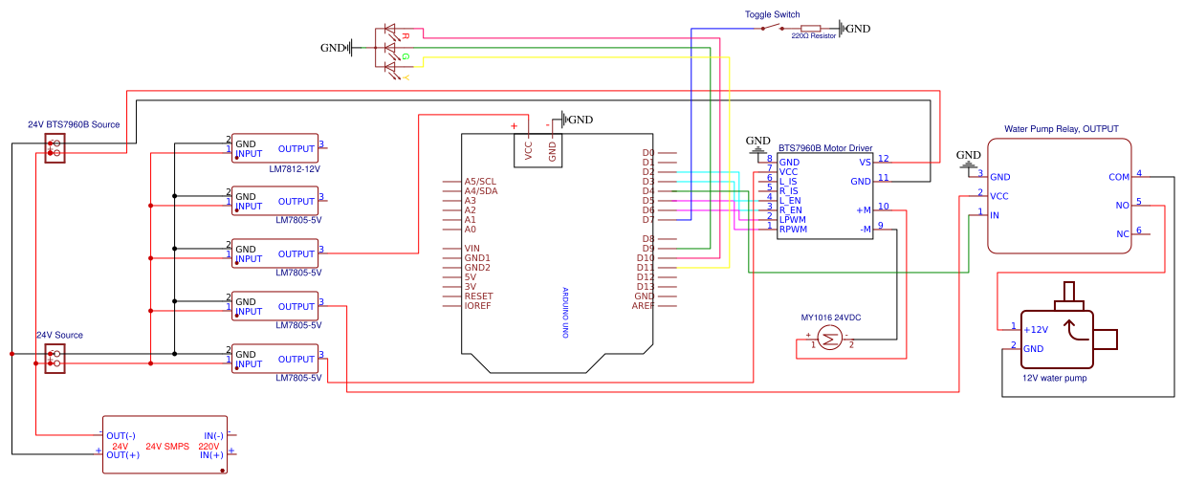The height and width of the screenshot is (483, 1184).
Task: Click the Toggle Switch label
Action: point(772,14)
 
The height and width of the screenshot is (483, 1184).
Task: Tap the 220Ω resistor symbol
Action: point(811,28)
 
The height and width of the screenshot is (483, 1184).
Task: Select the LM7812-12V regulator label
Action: point(295,167)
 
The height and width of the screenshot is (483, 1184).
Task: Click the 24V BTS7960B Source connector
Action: point(55,148)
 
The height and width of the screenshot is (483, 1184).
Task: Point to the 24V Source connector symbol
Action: point(55,359)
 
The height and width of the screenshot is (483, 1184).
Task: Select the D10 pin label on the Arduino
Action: point(646,258)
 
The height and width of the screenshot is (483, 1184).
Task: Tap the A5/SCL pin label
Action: point(480,182)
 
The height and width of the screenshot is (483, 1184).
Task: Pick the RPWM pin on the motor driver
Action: point(793,230)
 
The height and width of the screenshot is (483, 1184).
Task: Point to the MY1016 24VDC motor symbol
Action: point(828,337)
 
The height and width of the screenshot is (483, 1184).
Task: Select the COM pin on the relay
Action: point(1118,177)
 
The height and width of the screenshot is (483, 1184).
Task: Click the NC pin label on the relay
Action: point(1122,234)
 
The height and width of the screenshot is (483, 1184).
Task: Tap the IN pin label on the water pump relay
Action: point(995,215)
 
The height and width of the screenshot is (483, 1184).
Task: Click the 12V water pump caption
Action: point(1054,378)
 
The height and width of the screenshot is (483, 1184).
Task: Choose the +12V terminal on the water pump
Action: point(1036,329)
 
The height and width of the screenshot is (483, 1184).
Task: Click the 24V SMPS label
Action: point(167,447)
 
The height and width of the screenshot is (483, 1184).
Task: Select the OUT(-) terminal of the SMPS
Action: point(121,436)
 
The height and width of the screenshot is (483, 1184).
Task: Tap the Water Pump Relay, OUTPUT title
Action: point(1061,129)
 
